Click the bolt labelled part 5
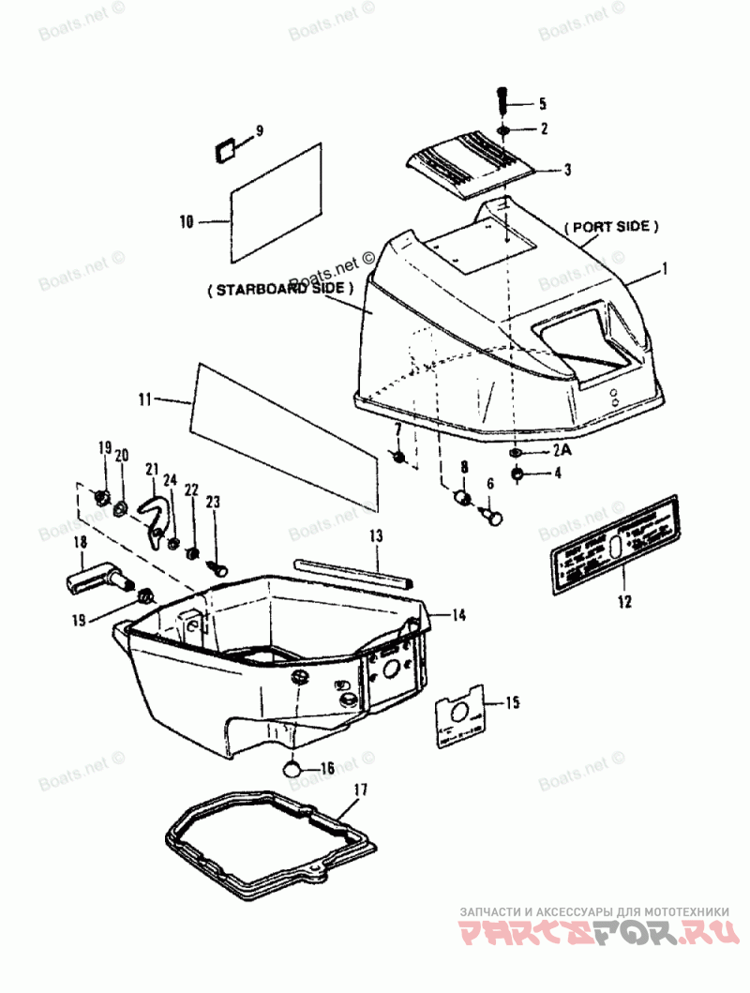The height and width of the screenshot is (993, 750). point(501,98)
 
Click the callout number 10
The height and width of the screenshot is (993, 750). point(186,222)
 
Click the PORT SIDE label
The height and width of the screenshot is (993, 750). point(611,227)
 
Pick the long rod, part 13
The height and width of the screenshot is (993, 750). point(352,573)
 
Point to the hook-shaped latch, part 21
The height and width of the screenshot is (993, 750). point(158,511)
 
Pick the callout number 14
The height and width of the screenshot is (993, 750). point(457,615)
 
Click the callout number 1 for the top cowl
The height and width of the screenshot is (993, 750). point(664,270)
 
